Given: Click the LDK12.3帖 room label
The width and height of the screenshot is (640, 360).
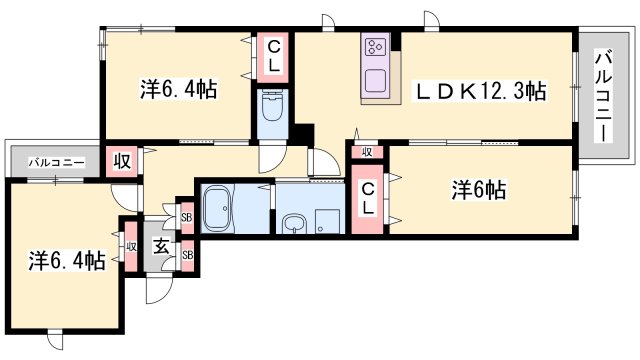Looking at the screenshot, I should [x=480, y=91].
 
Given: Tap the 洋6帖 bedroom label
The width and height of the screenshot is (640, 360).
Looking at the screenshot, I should [x=478, y=190].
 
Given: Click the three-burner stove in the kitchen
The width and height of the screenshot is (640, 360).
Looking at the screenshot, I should [x=376, y=48].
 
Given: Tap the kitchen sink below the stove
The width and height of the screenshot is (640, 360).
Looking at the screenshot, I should [x=376, y=80].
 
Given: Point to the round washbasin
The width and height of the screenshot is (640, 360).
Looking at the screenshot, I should [x=291, y=224].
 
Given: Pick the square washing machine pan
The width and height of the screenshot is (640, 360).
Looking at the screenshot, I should [x=324, y=221].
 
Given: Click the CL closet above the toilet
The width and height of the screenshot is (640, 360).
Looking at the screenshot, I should [x=272, y=57].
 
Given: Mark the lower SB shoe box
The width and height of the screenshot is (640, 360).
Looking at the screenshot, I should [x=186, y=256].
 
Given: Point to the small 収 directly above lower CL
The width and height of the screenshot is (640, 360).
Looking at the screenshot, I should [x=367, y=152].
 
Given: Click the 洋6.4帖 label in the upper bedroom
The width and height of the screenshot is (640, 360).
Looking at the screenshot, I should [x=177, y=88].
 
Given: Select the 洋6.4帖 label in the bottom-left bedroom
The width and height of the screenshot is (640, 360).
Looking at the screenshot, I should [x=66, y=261].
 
